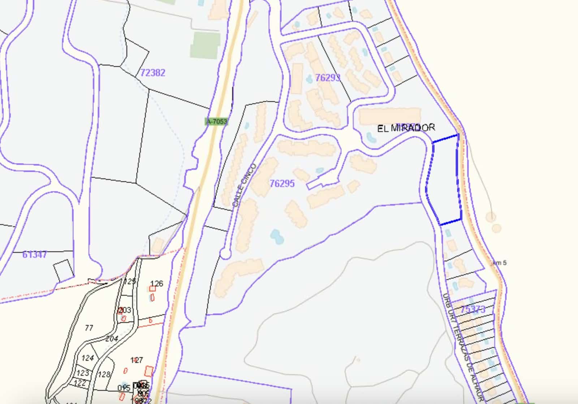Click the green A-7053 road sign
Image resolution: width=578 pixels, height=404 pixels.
(x=217, y=122)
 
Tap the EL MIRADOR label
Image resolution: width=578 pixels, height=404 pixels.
(x=406, y=128)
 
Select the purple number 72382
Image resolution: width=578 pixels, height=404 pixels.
(x=152, y=73)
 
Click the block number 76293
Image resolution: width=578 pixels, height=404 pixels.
(x=327, y=78)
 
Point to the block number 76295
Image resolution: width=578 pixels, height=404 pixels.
(x=282, y=183)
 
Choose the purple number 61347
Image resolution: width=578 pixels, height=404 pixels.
(x=35, y=255)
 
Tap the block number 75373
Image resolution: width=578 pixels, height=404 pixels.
(x=473, y=310)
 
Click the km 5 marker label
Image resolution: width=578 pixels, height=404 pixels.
(x=499, y=263)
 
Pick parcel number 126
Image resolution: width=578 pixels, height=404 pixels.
(x=156, y=284)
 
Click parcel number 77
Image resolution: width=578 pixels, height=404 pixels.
(x=89, y=328)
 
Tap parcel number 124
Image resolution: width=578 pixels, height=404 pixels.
(x=87, y=358)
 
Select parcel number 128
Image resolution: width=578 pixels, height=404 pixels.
(x=104, y=374)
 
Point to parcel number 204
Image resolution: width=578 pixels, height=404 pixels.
(x=112, y=339)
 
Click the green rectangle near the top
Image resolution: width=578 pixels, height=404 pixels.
(x=205, y=45)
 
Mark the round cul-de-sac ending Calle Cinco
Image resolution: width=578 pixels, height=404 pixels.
(x=225, y=254)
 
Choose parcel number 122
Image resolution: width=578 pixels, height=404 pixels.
(x=80, y=383)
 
